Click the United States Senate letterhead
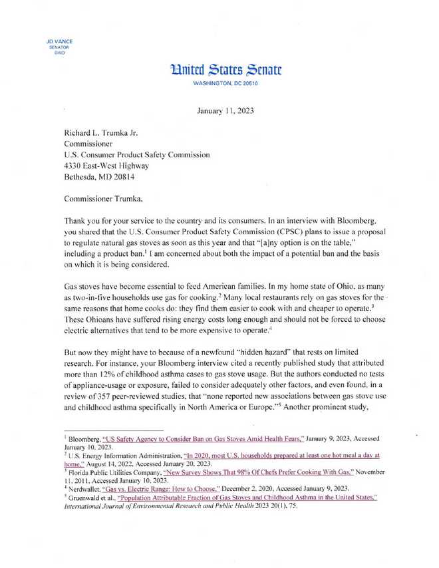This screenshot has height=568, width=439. point(219,69)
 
